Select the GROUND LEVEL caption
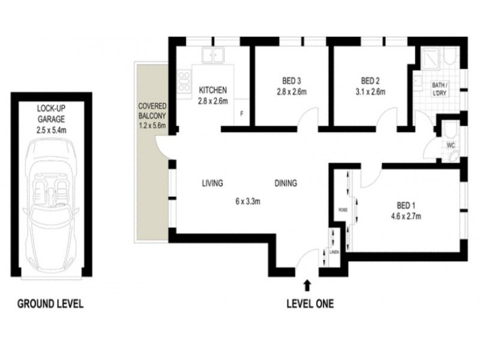[x=50, y=304]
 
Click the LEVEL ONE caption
[x=309, y=304]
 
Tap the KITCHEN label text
[x=214, y=91]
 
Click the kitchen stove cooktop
[x=184, y=80]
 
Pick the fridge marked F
[x=242, y=113]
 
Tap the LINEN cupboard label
[x=334, y=252]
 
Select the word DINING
[x=286, y=184]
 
